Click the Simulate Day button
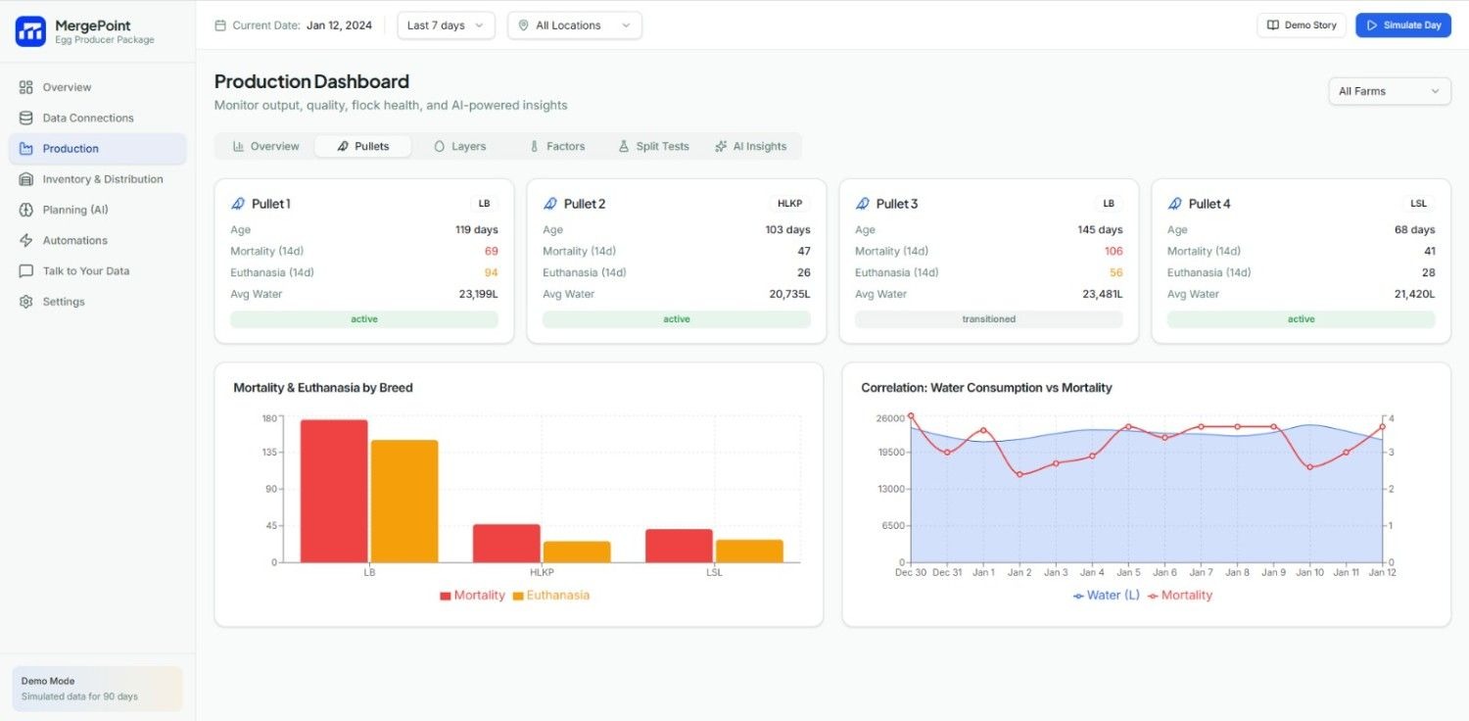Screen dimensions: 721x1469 (x=1402, y=25)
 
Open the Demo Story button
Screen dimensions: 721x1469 (x=1301, y=25)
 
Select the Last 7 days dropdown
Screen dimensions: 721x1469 (x=446, y=25)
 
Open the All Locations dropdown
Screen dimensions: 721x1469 (x=574, y=25)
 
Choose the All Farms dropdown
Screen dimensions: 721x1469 (x=1389, y=91)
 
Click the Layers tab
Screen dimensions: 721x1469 (x=460, y=146)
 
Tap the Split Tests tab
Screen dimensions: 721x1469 (x=653, y=146)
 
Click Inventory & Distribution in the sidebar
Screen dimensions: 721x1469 (x=102, y=179)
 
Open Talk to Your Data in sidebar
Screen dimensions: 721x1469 (x=85, y=271)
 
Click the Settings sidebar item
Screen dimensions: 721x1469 (x=63, y=302)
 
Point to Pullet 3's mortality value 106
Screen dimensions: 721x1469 (x=1113, y=251)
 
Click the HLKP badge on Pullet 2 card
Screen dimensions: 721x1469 (x=789, y=204)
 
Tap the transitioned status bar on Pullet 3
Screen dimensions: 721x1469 (x=988, y=319)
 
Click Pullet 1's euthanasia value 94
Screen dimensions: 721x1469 (x=490, y=272)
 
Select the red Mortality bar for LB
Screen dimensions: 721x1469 (x=334, y=491)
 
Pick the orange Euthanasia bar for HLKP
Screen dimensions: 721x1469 (x=577, y=552)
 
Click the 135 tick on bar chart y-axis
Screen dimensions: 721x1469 (x=269, y=453)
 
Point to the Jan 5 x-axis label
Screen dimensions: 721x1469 (x=1128, y=572)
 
